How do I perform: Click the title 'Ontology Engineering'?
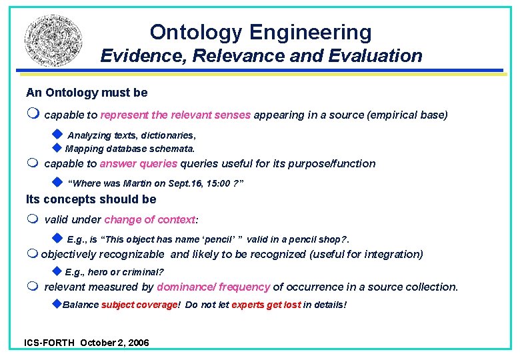(261, 32)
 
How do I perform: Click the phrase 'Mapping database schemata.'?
(130, 149)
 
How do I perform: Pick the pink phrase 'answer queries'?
(139, 163)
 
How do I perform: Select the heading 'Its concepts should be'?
(91, 199)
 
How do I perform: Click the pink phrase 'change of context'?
(150, 219)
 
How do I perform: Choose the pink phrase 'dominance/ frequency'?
(213, 287)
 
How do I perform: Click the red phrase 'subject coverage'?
(140, 305)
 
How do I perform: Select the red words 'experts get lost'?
(266, 305)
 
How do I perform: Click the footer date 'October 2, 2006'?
(115, 343)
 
